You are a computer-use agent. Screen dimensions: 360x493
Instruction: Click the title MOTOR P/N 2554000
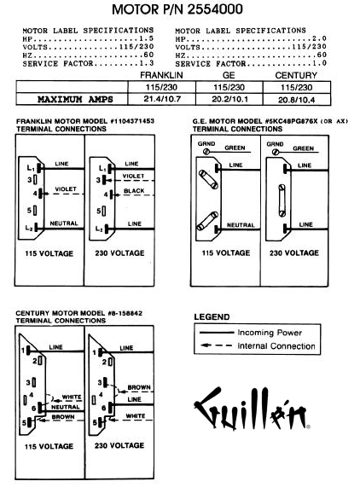177,9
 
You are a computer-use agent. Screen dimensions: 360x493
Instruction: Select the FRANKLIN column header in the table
161,75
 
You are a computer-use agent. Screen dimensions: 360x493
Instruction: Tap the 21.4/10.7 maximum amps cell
162,99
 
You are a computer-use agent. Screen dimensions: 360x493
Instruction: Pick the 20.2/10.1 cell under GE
229,99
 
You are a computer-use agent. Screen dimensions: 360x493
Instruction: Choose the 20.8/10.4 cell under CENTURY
296,100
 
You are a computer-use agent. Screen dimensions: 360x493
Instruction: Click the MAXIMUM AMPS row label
75,99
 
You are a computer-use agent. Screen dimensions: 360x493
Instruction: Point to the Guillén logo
252,408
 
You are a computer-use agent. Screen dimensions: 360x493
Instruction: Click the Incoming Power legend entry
251,333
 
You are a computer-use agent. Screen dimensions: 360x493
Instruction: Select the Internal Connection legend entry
258,345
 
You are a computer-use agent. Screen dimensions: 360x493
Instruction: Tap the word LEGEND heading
212,317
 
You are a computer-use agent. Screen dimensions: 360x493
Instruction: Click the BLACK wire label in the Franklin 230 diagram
134,191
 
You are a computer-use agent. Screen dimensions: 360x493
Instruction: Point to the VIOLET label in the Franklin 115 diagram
66,189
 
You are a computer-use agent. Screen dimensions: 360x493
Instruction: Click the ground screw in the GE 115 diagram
206,152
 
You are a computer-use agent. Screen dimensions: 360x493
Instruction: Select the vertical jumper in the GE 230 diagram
282,200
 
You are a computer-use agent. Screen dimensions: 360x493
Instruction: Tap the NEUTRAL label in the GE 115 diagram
241,225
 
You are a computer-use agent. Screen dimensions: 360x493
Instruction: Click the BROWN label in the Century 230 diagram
139,387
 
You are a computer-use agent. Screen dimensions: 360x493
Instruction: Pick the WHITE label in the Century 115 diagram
72,397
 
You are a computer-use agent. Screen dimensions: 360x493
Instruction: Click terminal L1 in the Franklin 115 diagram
40,168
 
